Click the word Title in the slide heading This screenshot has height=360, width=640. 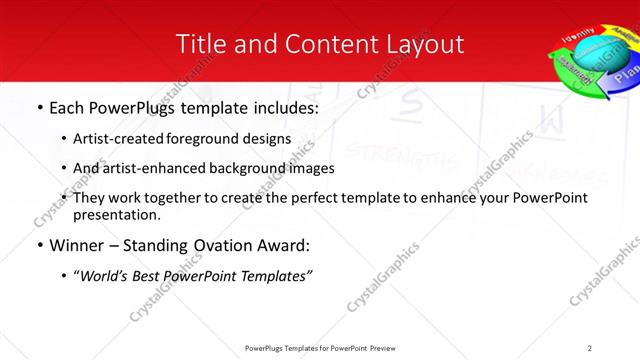coord(198,44)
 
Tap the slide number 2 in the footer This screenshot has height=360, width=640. coord(589,348)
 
